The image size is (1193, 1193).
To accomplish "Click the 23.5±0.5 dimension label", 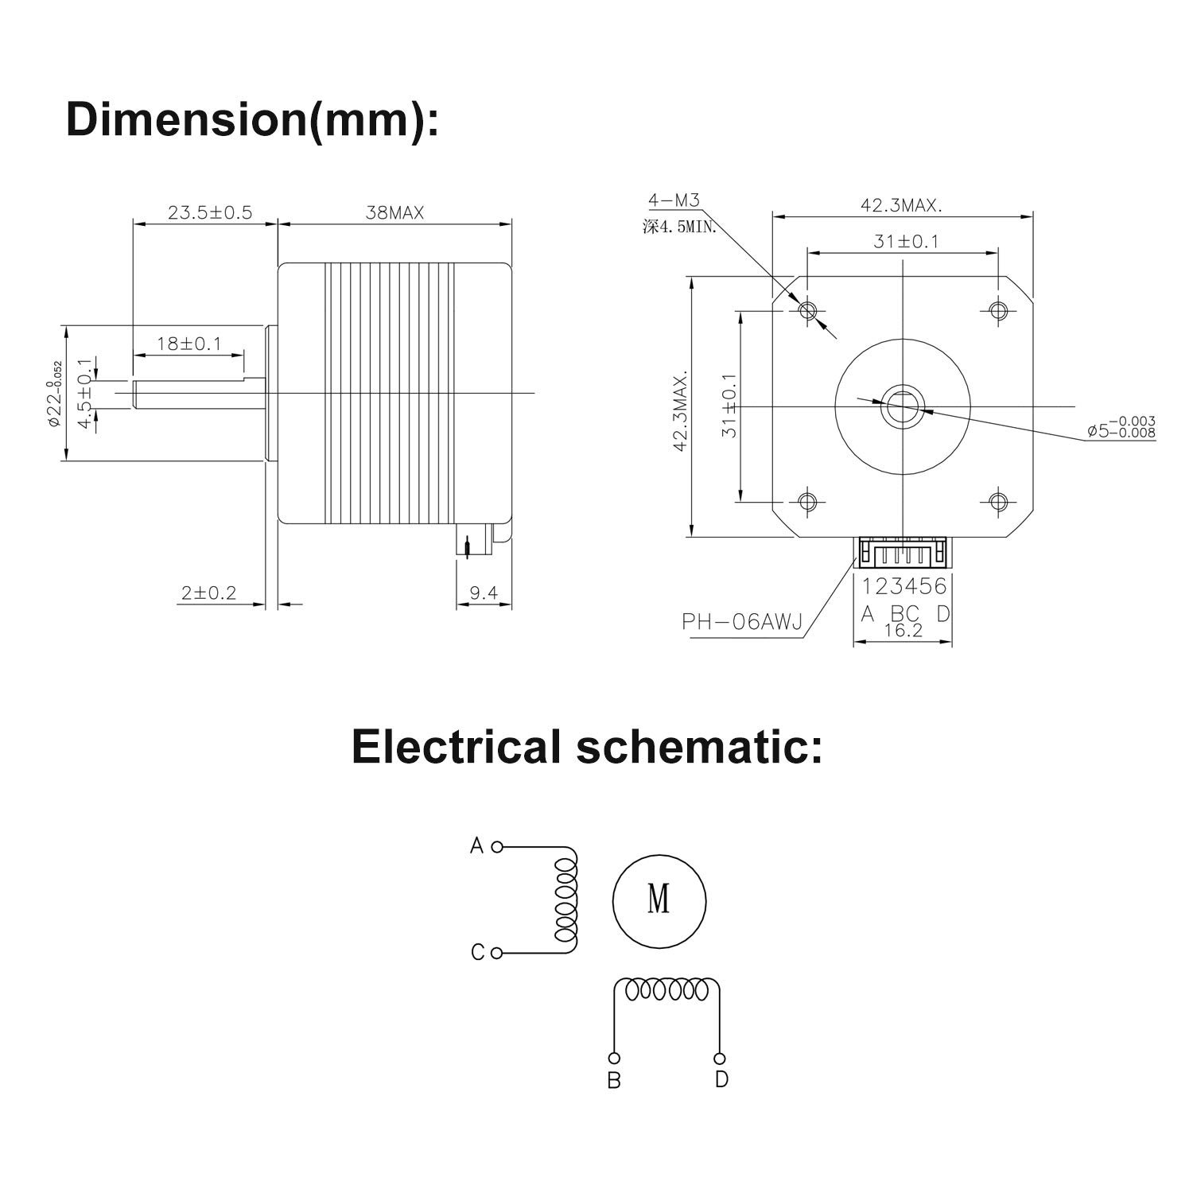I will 209,212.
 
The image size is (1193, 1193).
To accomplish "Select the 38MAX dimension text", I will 394,212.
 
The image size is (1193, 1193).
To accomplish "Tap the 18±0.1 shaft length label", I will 188,344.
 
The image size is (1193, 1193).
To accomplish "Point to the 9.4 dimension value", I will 483,593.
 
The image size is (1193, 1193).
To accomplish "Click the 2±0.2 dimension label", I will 208,593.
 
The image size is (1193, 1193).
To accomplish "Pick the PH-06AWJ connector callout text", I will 740,621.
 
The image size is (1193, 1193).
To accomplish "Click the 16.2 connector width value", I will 903,631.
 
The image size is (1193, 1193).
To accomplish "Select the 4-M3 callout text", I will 673,200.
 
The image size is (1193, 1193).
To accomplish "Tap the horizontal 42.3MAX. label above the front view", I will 901,205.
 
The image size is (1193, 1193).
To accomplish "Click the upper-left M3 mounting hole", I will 807,309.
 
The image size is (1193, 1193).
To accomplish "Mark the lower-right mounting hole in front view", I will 998,501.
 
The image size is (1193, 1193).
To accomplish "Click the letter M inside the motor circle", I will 659,900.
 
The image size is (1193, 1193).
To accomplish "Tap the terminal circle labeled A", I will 497,847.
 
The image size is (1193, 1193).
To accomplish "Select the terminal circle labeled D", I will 720,1058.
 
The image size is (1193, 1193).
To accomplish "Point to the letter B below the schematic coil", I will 614,1081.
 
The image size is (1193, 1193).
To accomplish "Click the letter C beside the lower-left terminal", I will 477,952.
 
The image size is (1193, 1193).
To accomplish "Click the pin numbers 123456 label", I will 904,586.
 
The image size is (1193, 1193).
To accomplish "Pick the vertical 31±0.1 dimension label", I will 729,406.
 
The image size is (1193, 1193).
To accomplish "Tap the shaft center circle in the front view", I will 902,406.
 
